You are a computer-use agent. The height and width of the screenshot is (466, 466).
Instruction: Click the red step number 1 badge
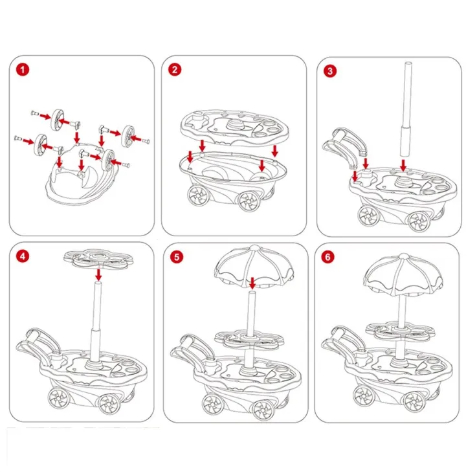[x=23, y=70]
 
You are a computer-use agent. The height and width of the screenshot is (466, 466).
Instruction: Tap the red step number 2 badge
[x=174, y=70]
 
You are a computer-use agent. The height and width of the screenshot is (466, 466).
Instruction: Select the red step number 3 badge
[x=331, y=70]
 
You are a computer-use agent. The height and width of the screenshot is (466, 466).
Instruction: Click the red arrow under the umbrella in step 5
[x=252, y=282]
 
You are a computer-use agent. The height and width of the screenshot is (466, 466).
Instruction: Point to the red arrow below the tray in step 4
[x=98, y=275]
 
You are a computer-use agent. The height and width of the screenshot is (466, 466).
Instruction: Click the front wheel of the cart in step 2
[x=248, y=202]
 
